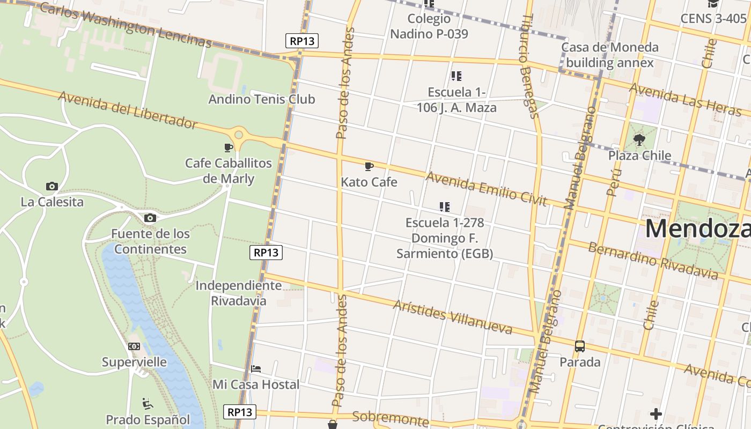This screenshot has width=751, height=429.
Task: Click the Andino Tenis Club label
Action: (x=262, y=99)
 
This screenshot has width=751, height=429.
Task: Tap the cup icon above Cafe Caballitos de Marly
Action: (x=229, y=147)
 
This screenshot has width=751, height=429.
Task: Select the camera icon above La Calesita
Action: (x=51, y=186)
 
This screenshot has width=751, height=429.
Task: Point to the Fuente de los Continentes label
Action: (x=150, y=241)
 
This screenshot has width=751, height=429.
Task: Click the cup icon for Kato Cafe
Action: (x=369, y=166)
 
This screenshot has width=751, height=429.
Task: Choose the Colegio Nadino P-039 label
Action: (x=429, y=26)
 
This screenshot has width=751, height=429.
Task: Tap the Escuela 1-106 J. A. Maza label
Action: (x=457, y=100)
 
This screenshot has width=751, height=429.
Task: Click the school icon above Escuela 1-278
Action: (x=444, y=206)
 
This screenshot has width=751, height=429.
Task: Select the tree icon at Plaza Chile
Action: (x=639, y=140)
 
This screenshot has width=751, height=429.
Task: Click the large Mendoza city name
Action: (x=697, y=228)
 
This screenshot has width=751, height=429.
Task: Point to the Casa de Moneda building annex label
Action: (x=610, y=55)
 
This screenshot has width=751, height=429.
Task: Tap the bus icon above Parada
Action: (x=580, y=346)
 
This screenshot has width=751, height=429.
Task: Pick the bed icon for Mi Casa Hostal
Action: (x=256, y=369)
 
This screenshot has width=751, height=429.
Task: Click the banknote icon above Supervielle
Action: (x=134, y=346)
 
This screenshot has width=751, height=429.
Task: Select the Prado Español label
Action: (x=148, y=419)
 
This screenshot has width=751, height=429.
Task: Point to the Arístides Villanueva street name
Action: (x=452, y=316)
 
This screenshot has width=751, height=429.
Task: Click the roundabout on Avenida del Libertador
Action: (x=239, y=135)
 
